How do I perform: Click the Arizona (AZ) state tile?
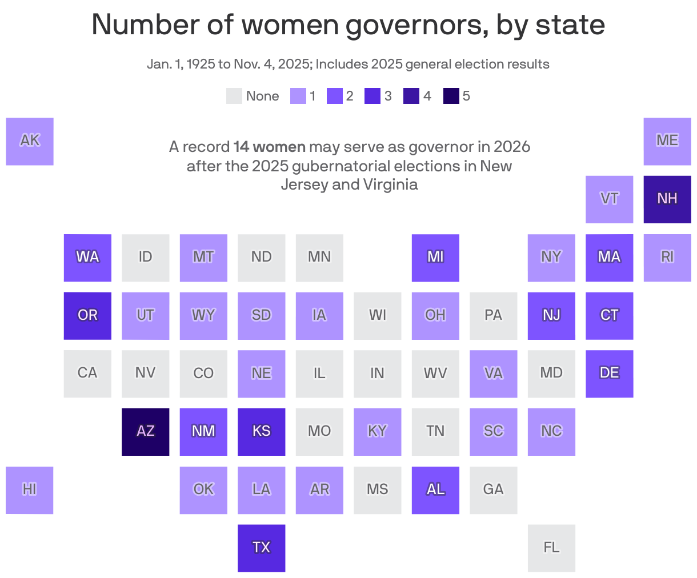(145, 431)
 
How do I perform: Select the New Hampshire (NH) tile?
(667, 199)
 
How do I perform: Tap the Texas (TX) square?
(261, 548)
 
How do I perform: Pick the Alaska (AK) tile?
(30, 141)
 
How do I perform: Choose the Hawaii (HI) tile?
(30, 489)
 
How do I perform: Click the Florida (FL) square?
(551, 548)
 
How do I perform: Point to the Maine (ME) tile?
(667, 141)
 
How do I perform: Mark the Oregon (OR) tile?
(87, 315)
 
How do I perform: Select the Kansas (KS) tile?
(261, 431)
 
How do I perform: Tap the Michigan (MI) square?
(435, 257)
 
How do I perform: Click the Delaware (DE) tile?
(609, 373)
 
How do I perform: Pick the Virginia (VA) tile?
(493, 373)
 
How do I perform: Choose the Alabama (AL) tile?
(435, 489)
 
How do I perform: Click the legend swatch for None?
(234, 96)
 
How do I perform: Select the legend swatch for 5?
(451, 96)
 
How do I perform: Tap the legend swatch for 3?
(372, 96)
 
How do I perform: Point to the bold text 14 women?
(269, 147)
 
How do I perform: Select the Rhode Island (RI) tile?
(667, 257)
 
